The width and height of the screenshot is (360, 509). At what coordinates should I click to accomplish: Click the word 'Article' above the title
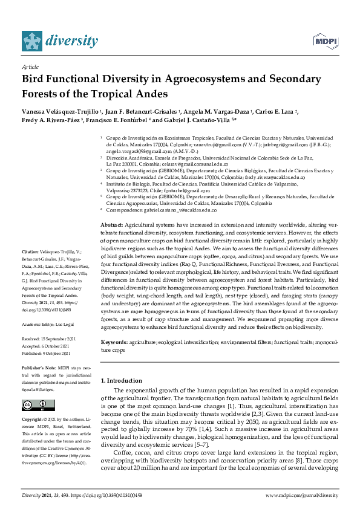(30, 66)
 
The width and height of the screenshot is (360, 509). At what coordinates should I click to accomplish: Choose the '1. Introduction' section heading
(121, 380)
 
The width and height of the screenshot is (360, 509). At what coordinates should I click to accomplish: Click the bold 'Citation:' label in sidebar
(30, 250)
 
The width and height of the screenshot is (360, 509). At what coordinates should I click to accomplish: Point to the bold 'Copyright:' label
(33, 418)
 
